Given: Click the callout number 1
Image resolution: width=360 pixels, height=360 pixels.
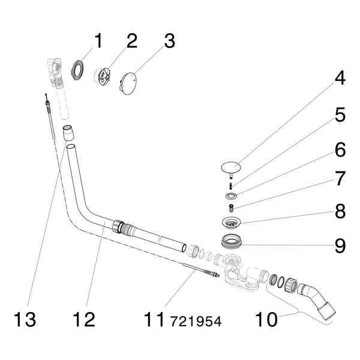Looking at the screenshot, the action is click(x=98, y=41).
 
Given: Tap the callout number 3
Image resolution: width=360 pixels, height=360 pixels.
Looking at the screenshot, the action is click(x=169, y=41).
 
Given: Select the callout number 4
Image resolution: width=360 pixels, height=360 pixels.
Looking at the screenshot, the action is click(x=340, y=77).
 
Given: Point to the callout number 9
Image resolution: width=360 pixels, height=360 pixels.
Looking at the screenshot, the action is click(x=340, y=245).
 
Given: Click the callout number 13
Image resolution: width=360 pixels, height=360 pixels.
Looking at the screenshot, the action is click(x=25, y=319).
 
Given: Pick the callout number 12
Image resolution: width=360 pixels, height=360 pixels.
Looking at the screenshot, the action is click(x=84, y=319).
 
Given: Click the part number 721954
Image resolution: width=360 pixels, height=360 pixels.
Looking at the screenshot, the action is click(x=196, y=321).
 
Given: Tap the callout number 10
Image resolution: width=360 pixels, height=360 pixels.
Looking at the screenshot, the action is click(x=266, y=319).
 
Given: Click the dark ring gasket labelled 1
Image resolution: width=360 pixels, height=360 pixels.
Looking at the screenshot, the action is click(x=77, y=70).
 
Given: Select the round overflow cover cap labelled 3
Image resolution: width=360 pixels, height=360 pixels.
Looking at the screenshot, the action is click(x=128, y=83).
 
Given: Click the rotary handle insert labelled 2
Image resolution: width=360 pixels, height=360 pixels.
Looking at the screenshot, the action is click(x=104, y=76).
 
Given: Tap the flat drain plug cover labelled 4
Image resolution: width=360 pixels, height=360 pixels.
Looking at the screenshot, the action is click(x=231, y=167).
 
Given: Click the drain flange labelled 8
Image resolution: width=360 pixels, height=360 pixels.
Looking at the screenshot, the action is click(x=231, y=222).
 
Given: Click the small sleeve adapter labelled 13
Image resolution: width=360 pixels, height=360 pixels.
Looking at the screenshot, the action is click(x=68, y=133).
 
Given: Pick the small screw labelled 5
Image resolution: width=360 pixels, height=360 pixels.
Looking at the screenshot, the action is click(x=231, y=184).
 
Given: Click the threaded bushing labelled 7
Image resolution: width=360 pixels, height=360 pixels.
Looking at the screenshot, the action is click(x=231, y=208).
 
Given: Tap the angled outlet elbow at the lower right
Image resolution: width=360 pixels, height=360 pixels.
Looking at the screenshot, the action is click(x=316, y=301).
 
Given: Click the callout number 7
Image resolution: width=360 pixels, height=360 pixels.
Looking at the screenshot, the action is click(x=340, y=178).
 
